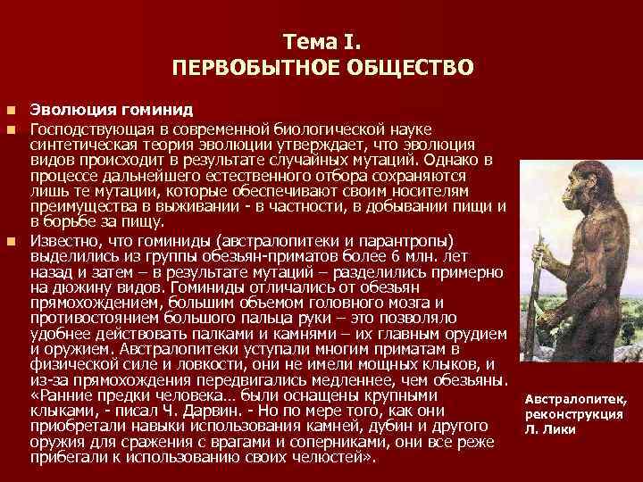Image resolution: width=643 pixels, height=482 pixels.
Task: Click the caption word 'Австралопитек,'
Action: pos(577,399)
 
